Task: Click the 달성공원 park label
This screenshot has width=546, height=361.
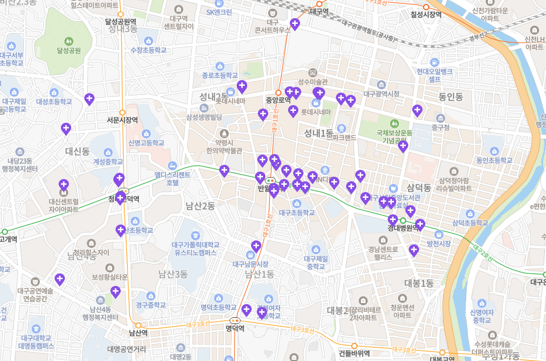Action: pos(69,50)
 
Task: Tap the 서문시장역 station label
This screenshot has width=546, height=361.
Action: pos(122,120)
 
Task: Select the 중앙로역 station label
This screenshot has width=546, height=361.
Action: pos(278,100)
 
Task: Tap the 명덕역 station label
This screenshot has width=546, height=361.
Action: pos(235,328)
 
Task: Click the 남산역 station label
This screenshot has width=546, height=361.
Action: pos(138,333)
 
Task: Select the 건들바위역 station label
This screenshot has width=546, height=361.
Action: pos(354,352)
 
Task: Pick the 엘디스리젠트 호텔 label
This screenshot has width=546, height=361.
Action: pos(173,179)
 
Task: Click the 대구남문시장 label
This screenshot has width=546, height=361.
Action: pos(251,264)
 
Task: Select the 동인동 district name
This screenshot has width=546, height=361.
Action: pos(450,97)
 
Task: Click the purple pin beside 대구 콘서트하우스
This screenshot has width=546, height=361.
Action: pos(294,24)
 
